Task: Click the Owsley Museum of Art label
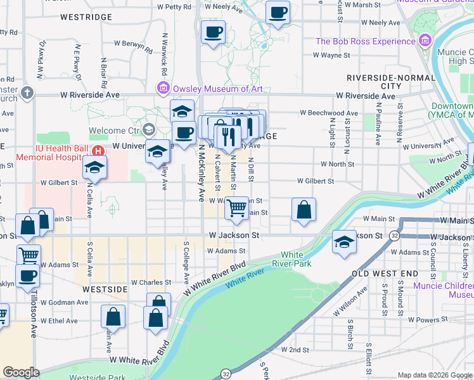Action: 217,88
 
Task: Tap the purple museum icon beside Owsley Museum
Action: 163,87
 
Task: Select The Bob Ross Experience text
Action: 364,41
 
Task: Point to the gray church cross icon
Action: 26,94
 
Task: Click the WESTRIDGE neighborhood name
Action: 86,17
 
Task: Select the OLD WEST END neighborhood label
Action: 385,273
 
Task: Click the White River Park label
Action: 292,259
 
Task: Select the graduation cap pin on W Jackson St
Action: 344,242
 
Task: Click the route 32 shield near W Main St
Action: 394,236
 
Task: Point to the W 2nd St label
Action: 293,350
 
